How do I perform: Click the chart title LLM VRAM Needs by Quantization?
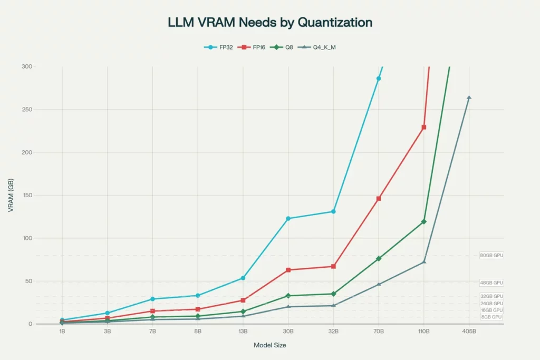click(270, 22)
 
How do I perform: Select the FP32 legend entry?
click(219, 47)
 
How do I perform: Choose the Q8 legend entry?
click(285, 47)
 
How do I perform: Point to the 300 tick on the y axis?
click(26, 66)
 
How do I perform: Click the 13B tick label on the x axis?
click(243, 332)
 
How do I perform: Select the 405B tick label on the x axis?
click(469, 332)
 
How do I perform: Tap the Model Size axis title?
click(270, 345)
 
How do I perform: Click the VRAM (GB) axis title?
click(11, 196)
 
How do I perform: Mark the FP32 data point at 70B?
click(379, 79)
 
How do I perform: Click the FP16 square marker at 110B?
click(424, 127)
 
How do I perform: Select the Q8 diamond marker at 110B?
click(424, 221)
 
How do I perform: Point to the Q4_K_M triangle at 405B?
click(469, 98)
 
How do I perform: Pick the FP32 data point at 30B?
click(288, 218)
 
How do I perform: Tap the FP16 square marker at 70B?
click(379, 199)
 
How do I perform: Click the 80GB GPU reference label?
click(491, 256)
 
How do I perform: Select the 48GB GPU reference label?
click(491, 283)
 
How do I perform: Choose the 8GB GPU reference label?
click(491, 317)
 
